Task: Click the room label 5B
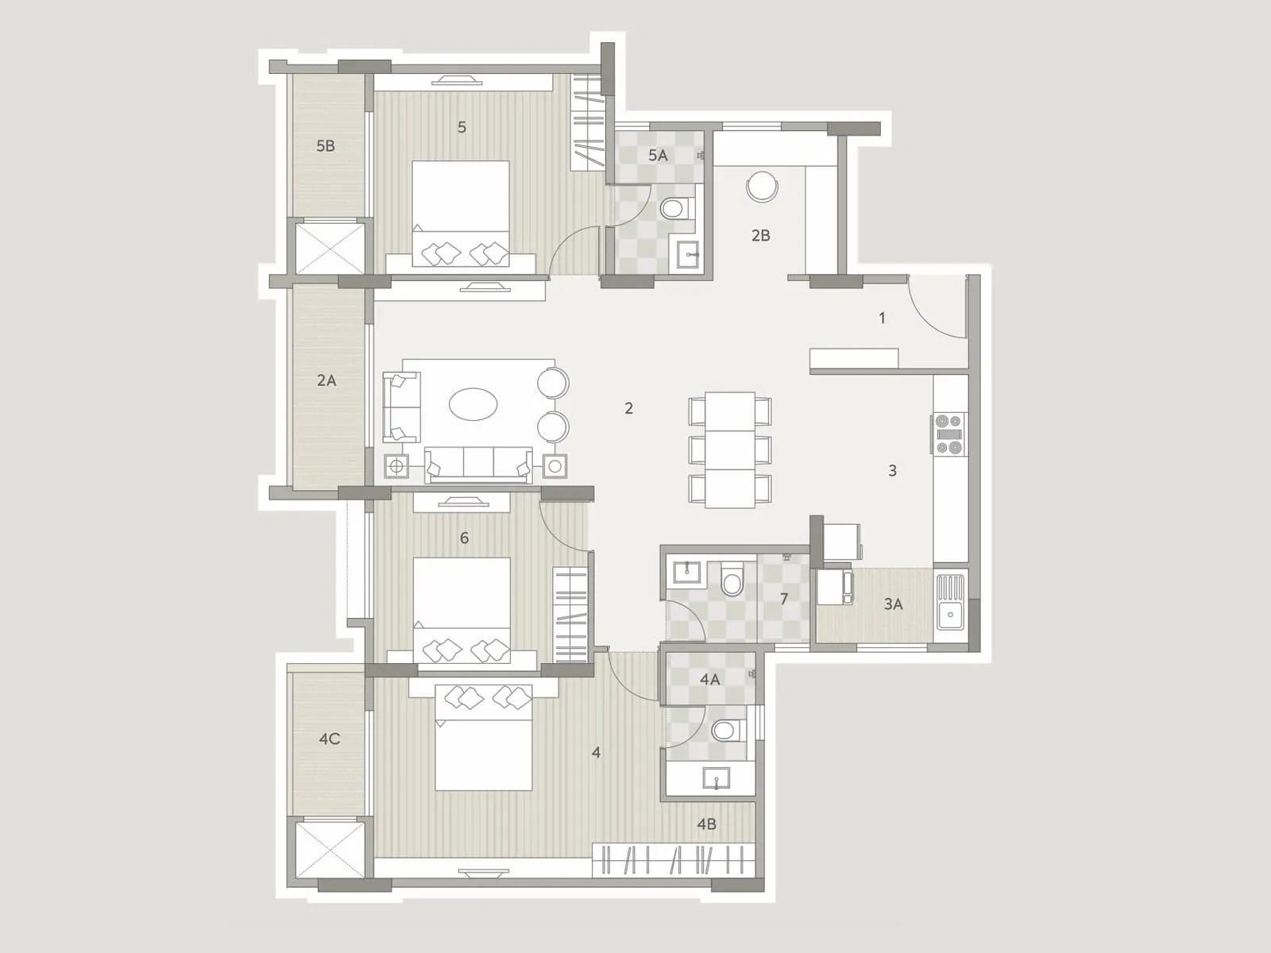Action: (326, 146)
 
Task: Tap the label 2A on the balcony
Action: (326, 380)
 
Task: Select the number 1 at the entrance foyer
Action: (882, 318)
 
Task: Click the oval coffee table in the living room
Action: (473, 403)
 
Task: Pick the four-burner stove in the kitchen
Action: (949, 434)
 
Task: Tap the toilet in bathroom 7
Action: (731, 580)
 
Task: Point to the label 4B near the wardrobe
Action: (706, 824)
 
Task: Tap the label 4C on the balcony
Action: (330, 739)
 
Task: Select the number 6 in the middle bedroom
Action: (465, 538)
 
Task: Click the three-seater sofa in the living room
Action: (478, 463)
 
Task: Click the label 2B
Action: (760, 236)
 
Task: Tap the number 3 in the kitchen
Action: (892, 471)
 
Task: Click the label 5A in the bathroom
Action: (658, 156)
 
